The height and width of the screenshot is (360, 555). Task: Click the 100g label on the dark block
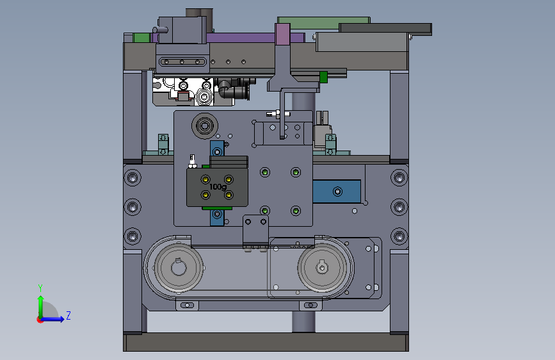(x=218, y=187)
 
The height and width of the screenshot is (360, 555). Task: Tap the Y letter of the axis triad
(x=40, y=288)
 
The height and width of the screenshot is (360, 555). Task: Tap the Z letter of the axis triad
(x=68, y=315)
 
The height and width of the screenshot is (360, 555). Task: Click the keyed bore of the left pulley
(x=179, y=268)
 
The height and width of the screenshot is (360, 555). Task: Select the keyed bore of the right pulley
(x=322, y=268)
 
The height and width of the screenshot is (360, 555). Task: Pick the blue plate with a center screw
(x=337, y=192)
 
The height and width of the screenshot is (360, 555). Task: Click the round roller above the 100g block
(x=205, y=126)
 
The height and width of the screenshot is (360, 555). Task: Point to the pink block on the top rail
(x=282, y=35)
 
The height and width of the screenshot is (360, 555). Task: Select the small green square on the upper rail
(x=323, y=77)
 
